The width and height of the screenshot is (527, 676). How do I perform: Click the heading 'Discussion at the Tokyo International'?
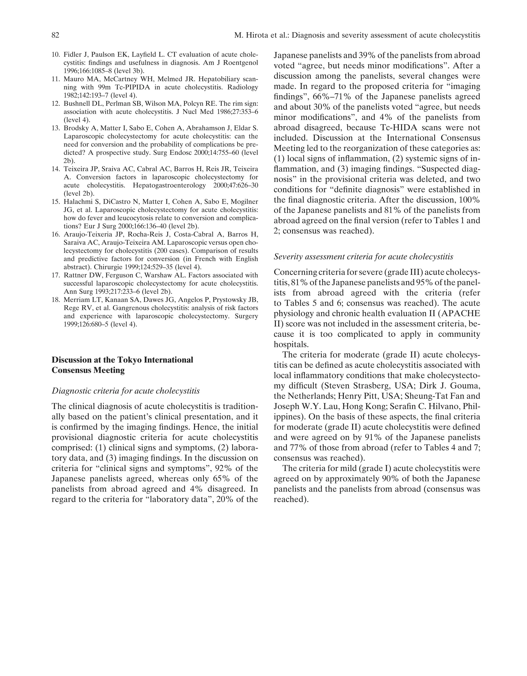point(122,360)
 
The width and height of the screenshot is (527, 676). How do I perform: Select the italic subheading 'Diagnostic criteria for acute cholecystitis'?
point(126,391)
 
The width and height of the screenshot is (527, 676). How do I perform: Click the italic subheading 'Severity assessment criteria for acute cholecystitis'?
point(363,257)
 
